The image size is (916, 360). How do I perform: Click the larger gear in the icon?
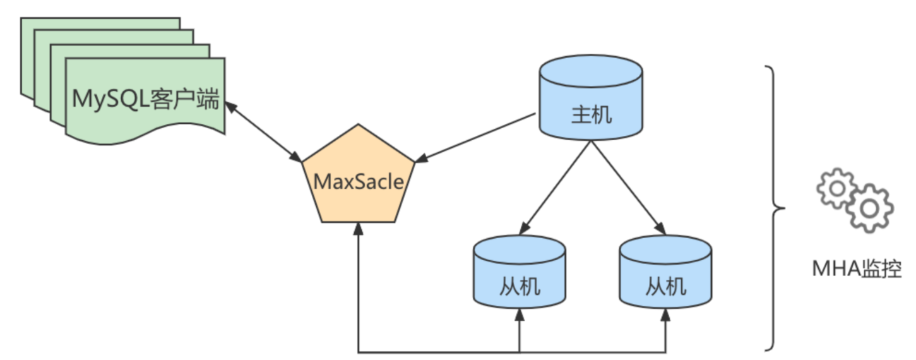tap(870, 208)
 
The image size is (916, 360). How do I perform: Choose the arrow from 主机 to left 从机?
tap(556, 186)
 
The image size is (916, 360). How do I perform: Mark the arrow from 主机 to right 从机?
tap(628, 186)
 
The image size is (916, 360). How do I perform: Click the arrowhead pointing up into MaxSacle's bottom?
tap(358, 227)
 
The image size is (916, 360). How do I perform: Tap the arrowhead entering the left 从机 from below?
tap(520, 313)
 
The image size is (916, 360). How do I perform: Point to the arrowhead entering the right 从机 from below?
tap(666, 313)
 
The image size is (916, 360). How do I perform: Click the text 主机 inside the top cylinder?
tap(591, 115)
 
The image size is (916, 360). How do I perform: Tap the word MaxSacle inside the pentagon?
tap(358, 182)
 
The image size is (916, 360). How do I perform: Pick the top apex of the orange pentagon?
tap(358, 126)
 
